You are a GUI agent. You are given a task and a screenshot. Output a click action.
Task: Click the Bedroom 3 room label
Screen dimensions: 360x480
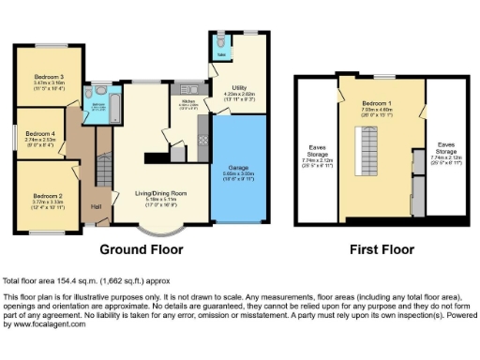[50, 76]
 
